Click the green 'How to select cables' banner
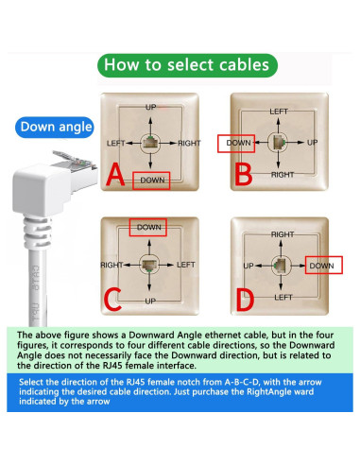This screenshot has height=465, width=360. pos(192,65)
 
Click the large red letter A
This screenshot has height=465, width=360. pos(114,176)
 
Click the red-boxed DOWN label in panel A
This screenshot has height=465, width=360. pos(151,179)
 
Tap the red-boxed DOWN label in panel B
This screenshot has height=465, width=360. pos(238,143)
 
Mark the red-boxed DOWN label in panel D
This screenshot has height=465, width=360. pos(322,267)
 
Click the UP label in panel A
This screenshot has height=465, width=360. pos(150,107)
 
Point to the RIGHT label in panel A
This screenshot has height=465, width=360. pos(189,143)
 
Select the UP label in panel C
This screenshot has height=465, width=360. pos(149,300)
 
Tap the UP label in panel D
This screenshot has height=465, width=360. pos(249,267)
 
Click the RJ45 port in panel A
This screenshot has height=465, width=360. pos(150,143)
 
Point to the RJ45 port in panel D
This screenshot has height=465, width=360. pos(281,265)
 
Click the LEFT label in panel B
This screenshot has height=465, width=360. pos(279,112)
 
